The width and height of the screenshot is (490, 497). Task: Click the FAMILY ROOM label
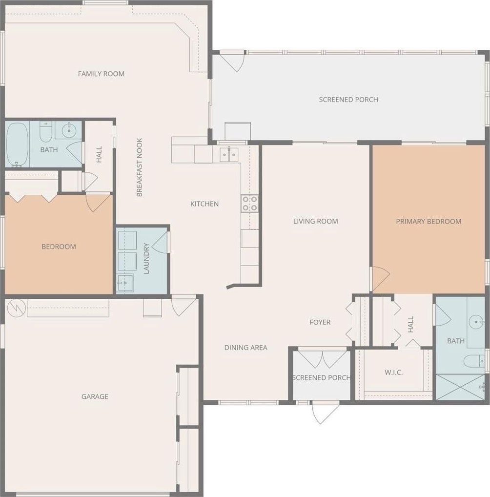click(x=101, y=74)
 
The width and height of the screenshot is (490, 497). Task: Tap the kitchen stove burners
click(x=250, y=204)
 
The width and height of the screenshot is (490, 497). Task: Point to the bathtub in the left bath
click(x=17, y=145)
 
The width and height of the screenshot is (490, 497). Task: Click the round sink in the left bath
click(x=69, y=130)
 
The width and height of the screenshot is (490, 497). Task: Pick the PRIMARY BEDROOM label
click(x=429, y=221)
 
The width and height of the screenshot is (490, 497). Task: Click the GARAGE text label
click(x=95, y=396)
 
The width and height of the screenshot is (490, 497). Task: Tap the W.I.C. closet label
click(x=394, y=373)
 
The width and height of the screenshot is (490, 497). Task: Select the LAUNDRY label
click(x=146, y=258)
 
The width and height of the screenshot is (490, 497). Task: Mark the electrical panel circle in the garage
click(x=17, y=308)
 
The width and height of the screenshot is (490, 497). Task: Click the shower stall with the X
click(x=460, y=387)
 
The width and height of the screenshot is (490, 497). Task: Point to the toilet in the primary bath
click(x=474, y=361)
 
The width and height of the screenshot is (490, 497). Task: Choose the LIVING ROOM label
click(x=315, y=221)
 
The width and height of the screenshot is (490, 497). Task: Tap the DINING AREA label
click(x=245, y=348)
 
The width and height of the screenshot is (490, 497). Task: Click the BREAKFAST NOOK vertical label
click(x=140, y=167)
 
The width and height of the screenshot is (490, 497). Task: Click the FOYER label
click(x=320, y=322)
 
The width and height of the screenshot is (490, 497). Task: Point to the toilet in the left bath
click(x=46, y=131)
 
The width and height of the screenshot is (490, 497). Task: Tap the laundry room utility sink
click(x=125, y=282)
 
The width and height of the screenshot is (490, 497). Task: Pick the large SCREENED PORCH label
click(x=348, y=100)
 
